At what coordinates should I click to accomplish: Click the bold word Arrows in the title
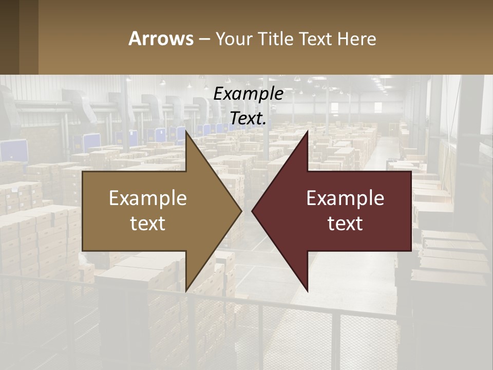pyautogui.click(x=161, y=39)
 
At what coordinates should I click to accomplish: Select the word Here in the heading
pyautogui.click(x=357, y=39)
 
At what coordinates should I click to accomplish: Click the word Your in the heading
pyautogui.click(x=234, y=39)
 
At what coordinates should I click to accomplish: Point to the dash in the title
pyautogui.click(x=204, y=39)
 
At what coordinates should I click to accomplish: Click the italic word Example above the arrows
pyautogui.click(x=249, y=94)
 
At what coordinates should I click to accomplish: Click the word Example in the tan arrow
pyautogui.click(x=148, y=198)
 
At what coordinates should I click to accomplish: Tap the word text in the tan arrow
pyautogui.click(x=148, y=223)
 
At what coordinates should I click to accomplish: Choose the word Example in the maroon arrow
pyautogui.click(x=345, y=198)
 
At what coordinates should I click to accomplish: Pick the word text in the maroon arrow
pyautogui.click(x=345, y=223)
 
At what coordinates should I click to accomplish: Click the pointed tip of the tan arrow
pyautogui.click(x=240, y=211)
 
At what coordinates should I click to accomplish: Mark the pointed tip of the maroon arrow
pyautogui.click(x=253, y=211)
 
